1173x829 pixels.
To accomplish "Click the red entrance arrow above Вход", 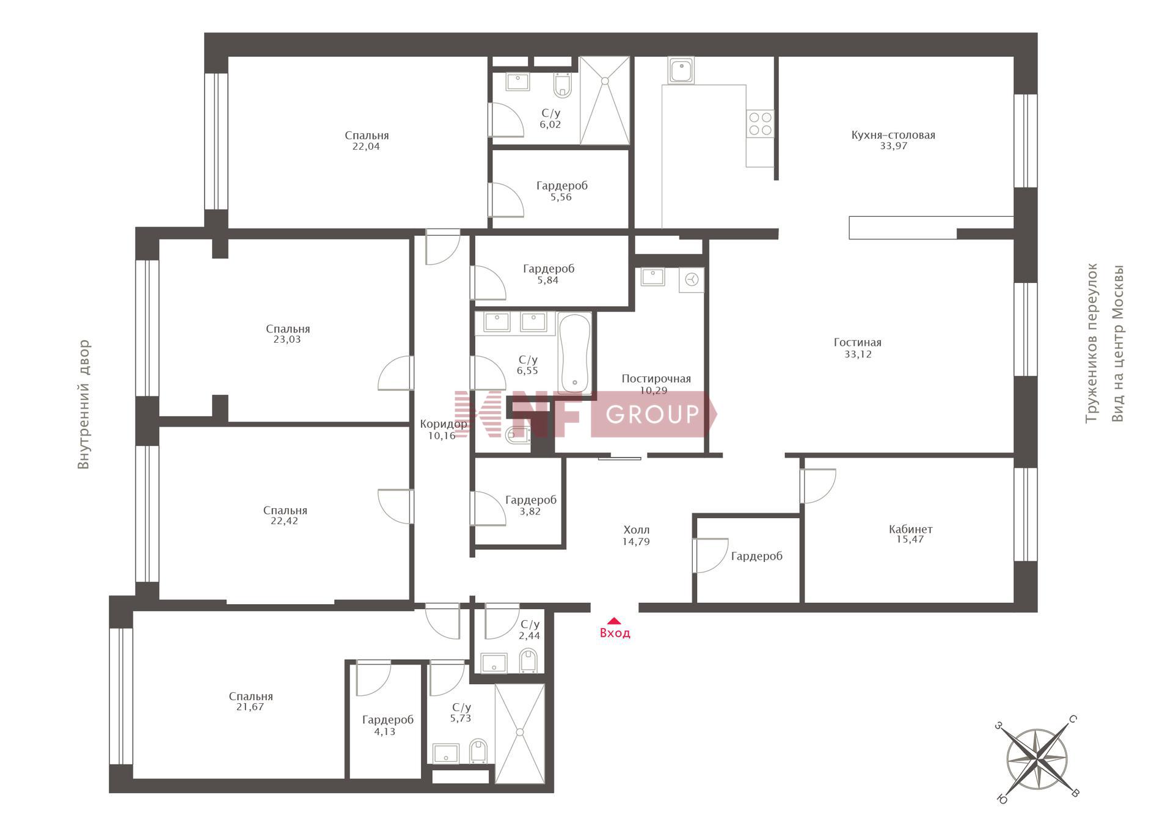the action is pos(614,621).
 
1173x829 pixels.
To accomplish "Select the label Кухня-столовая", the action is pos(893,135).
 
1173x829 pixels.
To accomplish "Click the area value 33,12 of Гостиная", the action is pos(858,354).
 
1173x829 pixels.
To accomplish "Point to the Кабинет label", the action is pos(910,529).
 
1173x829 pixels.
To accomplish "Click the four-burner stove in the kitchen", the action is pos(760,123).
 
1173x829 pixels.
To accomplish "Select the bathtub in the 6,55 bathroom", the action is pos(574,353).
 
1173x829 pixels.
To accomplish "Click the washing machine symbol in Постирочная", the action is pos(692,280).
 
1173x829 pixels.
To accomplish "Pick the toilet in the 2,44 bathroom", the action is pos(529,661).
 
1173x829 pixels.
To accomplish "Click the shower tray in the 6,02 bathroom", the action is pos(604,101).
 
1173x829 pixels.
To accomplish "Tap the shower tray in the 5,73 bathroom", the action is pos(519,733).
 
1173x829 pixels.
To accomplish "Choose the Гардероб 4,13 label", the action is pos(387,725).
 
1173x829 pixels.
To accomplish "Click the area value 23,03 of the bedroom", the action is pos(287,340).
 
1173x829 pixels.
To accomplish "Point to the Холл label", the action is pos(636,530).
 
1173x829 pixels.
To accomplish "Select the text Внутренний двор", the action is pos(84,404).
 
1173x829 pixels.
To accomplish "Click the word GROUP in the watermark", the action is pos(652,414).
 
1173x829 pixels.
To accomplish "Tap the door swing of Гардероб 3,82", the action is pos(489,508).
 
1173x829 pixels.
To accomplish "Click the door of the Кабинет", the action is pos(818,486).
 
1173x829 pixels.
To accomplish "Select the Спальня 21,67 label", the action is pos(250,701).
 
